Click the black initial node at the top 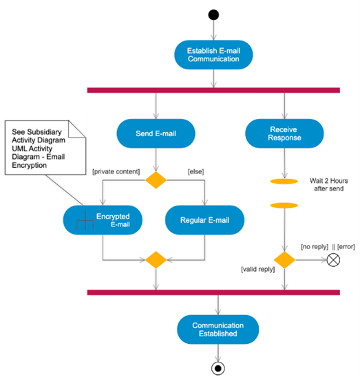(x=213, y=15)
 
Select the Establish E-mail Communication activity (x=213, y=54)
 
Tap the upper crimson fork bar (x=213, y=89)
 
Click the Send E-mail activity (x=156, y=133)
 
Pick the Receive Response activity (x=284, y=133)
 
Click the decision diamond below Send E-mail (x=156, y=180)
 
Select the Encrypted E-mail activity (x=103, y=220)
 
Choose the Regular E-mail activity (x=204, y=220)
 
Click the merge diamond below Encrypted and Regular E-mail (x=156, y=260)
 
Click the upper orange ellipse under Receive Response (x=284, y=182)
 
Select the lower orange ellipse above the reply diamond (x=284, y=205)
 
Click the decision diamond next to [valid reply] (x=284, y=260)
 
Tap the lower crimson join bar (x=213, y=293)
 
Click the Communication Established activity (x=218, y=329)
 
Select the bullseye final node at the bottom (x=218, y=367)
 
